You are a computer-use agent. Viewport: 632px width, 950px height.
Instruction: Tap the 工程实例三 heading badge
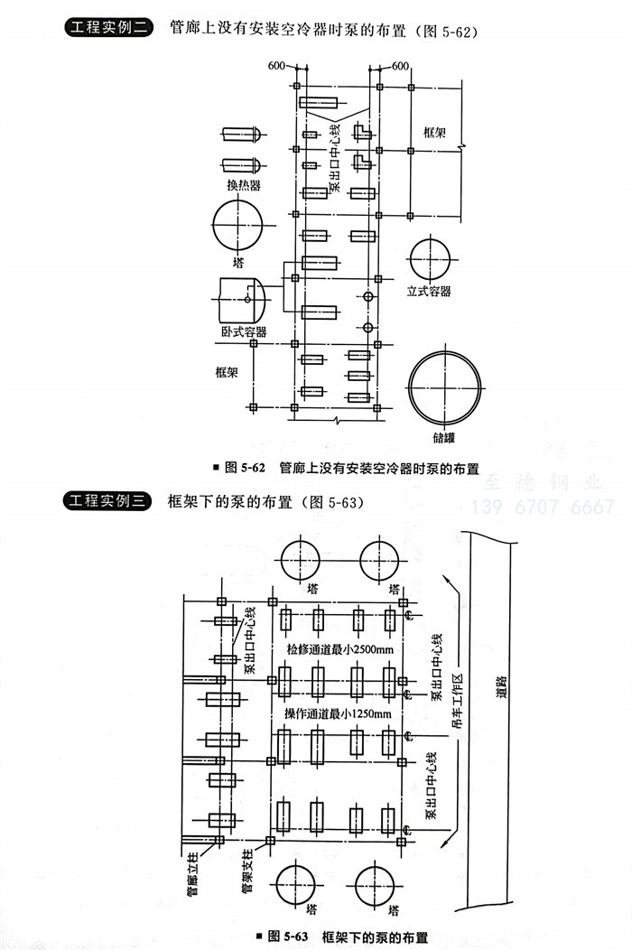[x=107, y=502]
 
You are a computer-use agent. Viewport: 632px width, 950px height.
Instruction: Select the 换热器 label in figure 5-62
[x=243, y=184]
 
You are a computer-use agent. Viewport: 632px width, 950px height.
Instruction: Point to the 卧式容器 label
[x=243, y=331]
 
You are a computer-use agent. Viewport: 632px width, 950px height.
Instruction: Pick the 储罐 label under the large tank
[x=443, y=438]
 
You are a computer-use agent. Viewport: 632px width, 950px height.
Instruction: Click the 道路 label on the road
[x=502, y=687]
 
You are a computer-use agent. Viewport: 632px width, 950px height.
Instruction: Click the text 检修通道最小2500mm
[x=339, y=649]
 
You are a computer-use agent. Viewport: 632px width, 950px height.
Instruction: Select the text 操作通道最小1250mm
[x=337, y=714]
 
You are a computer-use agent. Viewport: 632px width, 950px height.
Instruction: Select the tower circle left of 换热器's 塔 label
[x=237, y=222]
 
